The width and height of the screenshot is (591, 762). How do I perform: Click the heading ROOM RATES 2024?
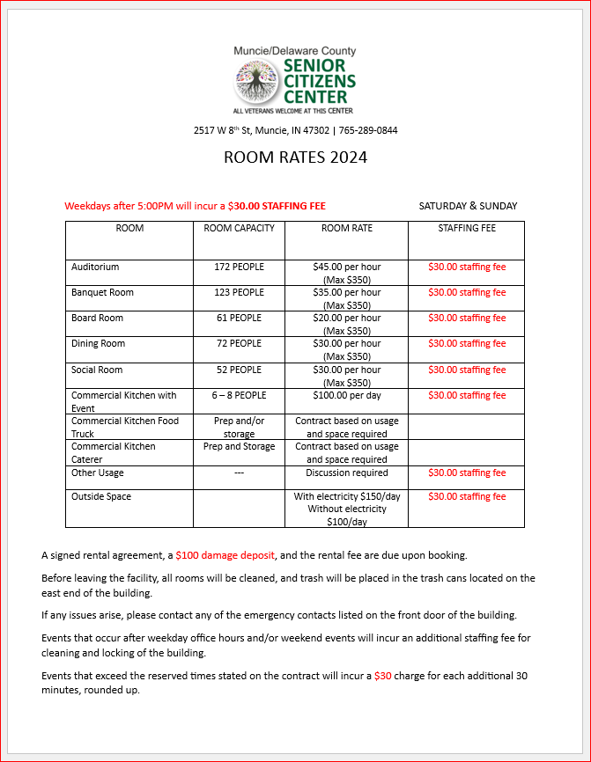pos(295,158)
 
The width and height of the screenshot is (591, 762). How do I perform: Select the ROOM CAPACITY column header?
pos(239,228)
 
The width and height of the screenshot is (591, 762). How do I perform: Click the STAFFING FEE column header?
pos(466,228)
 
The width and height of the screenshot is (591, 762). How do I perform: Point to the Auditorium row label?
pos(95,267)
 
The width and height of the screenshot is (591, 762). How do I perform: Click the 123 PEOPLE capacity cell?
pos(239,292)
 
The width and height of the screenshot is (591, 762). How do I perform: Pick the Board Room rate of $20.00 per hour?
pos(346,318)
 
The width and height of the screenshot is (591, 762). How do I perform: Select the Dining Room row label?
pos(98,343)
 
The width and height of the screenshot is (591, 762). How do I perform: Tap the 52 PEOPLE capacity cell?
pos(239,370)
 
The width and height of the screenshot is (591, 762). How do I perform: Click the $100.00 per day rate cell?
pos(346,395)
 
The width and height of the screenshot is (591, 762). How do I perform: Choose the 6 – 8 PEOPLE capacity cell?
pos(239,395)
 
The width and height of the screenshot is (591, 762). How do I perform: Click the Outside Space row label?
pos(101,496)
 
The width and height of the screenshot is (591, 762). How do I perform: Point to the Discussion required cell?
pos(346,473)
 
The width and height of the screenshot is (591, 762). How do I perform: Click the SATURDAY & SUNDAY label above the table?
pos(468,206)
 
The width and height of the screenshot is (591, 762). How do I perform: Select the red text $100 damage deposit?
pos(225,555)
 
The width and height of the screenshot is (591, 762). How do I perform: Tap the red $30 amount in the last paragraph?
pos(382,676)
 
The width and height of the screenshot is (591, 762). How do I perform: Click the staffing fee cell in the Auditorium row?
pos(466,267)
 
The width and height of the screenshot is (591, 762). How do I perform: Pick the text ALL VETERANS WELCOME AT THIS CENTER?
pos(292,111)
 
